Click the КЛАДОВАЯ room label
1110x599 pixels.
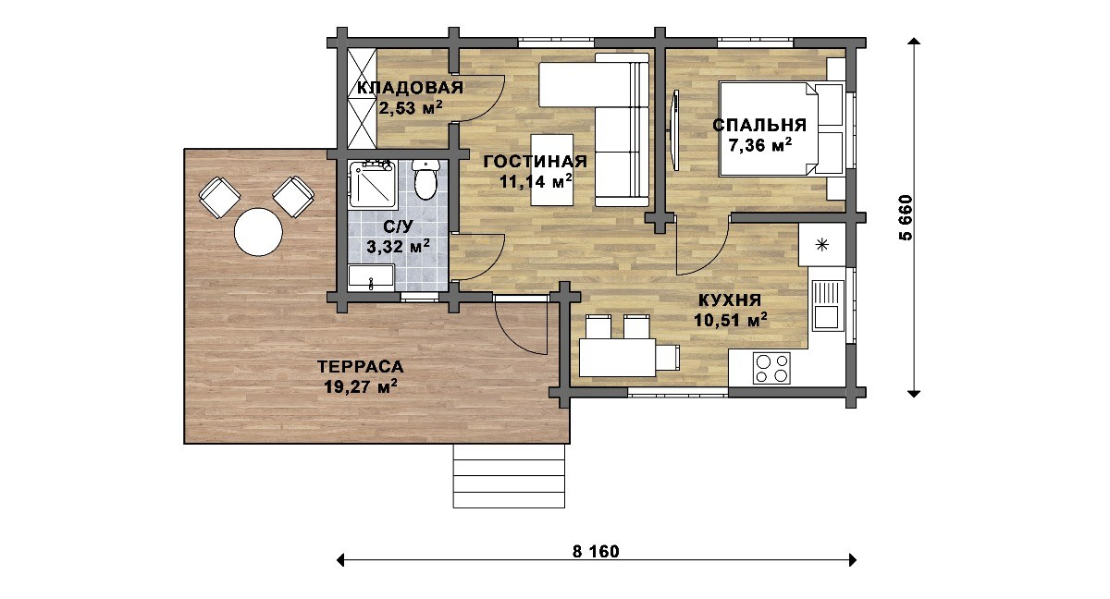tap(411, 88)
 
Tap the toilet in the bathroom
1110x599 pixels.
tap(425, 179)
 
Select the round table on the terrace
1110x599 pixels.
tap(258, 232)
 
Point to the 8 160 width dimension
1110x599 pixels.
tap(596, 552)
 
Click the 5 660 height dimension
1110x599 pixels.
tap(905, 217)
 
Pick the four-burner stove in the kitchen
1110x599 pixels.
tap(771, 368)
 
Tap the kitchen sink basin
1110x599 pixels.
tap(828, 317)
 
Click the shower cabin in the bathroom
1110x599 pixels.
tap(373, 184)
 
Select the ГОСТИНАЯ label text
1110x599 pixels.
tap(536, 162)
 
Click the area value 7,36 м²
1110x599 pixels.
tap(759, 145)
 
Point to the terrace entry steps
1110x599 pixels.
tap(509, 476)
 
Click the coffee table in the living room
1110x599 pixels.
tap(552, 170)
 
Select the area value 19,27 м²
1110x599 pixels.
tap(360, 386)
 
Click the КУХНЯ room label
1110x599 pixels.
tap(730, 300)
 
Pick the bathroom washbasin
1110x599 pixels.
tap(371, 276)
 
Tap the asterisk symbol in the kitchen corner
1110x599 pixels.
tap(821, 244)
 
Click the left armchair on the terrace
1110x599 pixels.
tap(219, 198)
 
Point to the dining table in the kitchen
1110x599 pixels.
tap(618, 357)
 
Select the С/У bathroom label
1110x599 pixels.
tap(398, 226)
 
